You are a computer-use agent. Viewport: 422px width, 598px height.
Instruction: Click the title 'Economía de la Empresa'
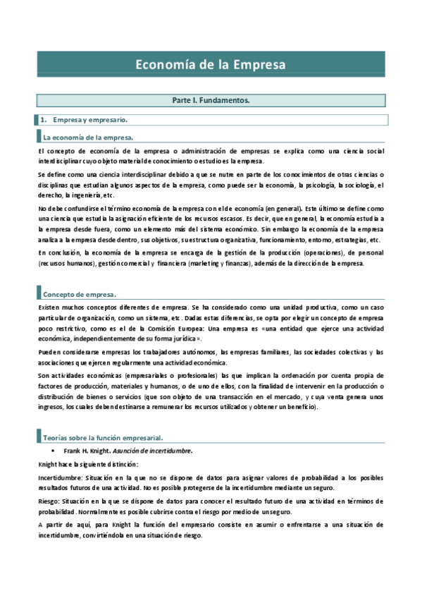click(211, 65)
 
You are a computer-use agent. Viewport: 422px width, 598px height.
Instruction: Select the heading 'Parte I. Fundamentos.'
click(211, 101)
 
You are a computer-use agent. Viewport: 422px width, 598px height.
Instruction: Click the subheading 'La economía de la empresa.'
click(88, 137)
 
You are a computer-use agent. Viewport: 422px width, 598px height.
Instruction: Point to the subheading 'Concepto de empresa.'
click(80, 293)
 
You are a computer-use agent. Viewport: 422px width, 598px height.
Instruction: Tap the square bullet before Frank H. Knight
click(54, 450)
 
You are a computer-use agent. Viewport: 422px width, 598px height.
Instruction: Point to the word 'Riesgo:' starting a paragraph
click(49, 501)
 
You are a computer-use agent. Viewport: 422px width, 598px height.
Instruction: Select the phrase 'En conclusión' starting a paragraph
click(58, 252)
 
